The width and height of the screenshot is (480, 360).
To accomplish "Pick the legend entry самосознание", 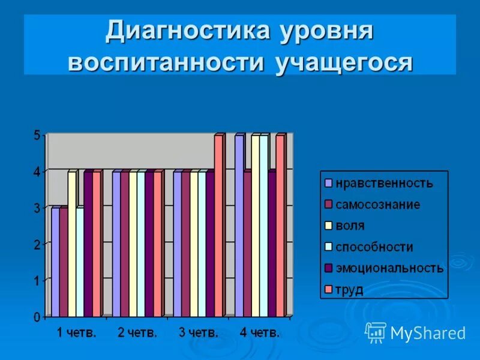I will (x=377, y=205).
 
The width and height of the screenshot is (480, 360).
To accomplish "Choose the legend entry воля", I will (x=350, y=226).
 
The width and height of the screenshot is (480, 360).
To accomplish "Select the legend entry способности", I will (x=374, y=247).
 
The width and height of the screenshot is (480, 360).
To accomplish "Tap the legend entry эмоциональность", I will (x=389, y=268).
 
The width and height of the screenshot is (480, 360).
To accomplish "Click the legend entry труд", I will (x=349, y=289).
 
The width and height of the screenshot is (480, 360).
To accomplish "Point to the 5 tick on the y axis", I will (x=37, y=136).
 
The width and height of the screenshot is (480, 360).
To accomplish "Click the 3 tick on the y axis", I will (x=37, y=208).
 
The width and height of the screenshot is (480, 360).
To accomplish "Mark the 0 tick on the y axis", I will (x=37, y=317).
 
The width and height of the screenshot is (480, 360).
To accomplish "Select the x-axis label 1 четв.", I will (x=76, y=332).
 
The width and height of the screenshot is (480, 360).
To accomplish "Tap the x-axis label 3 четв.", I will (x=199, y=332).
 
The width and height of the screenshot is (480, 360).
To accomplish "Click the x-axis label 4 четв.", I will (x=260, y=332).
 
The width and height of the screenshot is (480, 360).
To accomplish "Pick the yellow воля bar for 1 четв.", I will (x=71, y=244).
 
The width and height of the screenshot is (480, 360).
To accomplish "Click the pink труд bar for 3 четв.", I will (x=218, y=226).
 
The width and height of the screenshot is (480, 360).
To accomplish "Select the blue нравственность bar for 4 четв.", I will (x=239, y=226).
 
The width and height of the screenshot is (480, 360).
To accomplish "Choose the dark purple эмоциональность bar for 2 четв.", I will (x=149, y=244).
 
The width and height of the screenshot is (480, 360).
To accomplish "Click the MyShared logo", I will (x=415, y=332).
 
